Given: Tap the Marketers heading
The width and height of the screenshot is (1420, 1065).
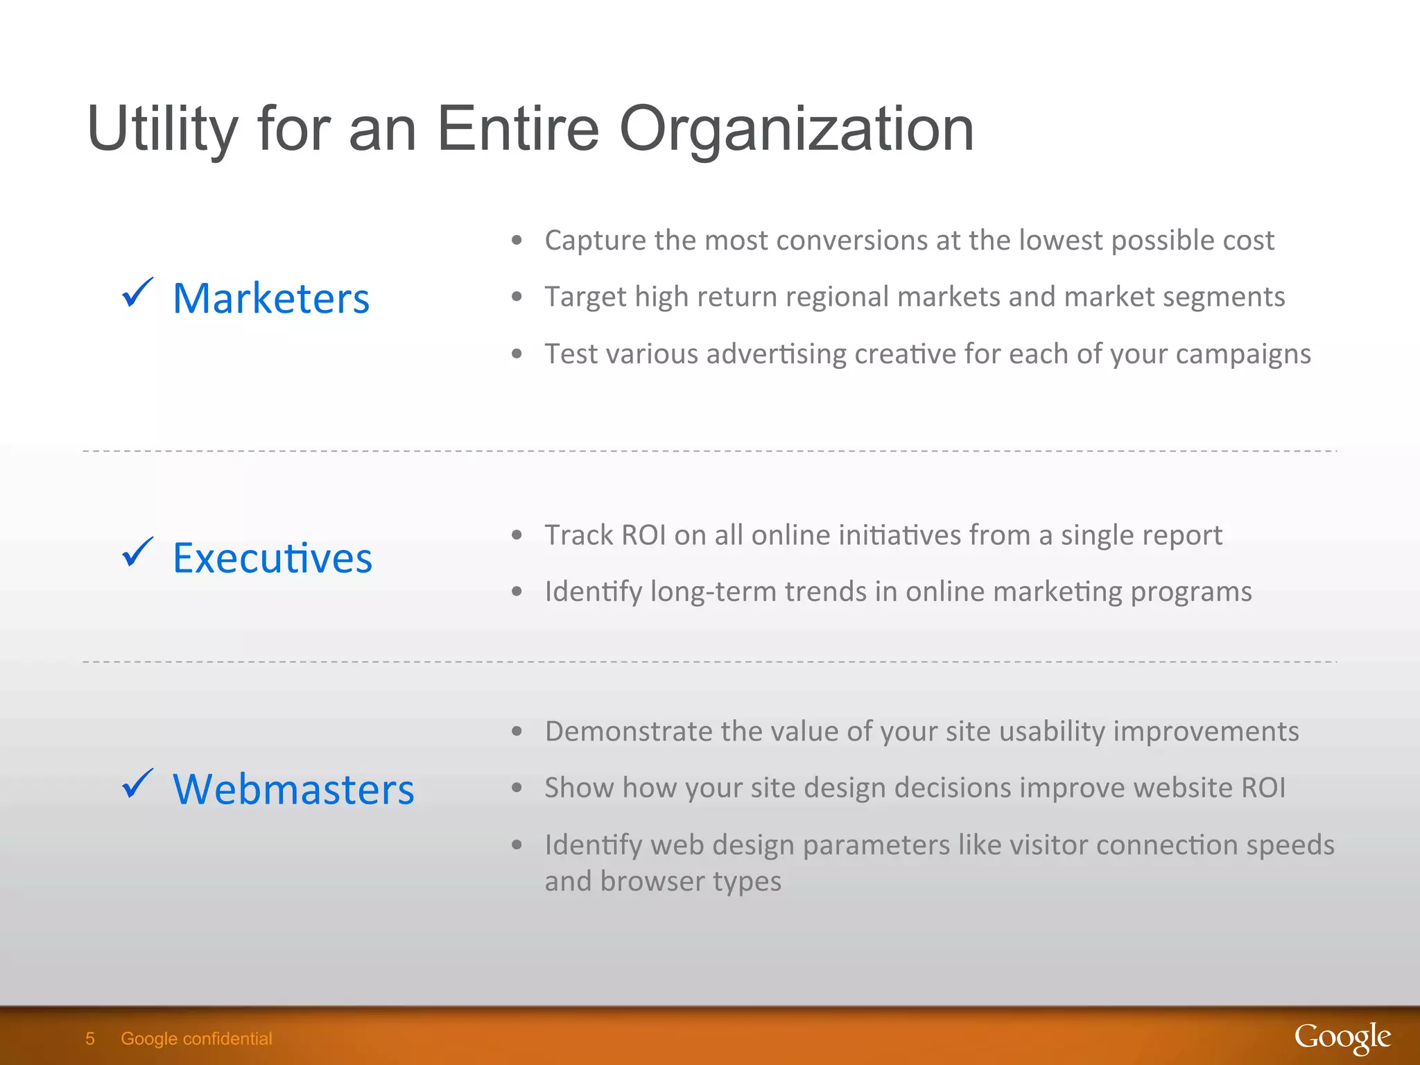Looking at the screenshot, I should (271, 299).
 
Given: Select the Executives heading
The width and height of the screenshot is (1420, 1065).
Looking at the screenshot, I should (272, 558).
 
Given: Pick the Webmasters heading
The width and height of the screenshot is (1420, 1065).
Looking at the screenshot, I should (293, 789).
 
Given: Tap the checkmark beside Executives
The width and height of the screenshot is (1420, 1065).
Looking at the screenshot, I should (137, 553).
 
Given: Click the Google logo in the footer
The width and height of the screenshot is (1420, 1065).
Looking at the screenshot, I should (1342, 1038).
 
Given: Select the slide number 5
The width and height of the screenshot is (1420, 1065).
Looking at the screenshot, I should (90, 1039).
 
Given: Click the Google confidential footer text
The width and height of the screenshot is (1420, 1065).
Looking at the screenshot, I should (196, 1039).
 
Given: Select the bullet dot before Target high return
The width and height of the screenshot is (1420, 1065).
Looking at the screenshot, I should (517, 297).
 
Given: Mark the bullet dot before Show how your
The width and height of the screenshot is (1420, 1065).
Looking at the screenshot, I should (517, 788).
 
